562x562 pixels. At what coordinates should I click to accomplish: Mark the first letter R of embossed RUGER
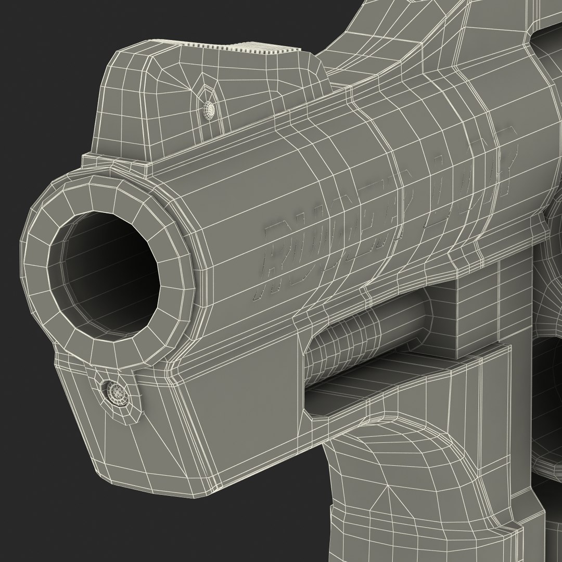[276, 260]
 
